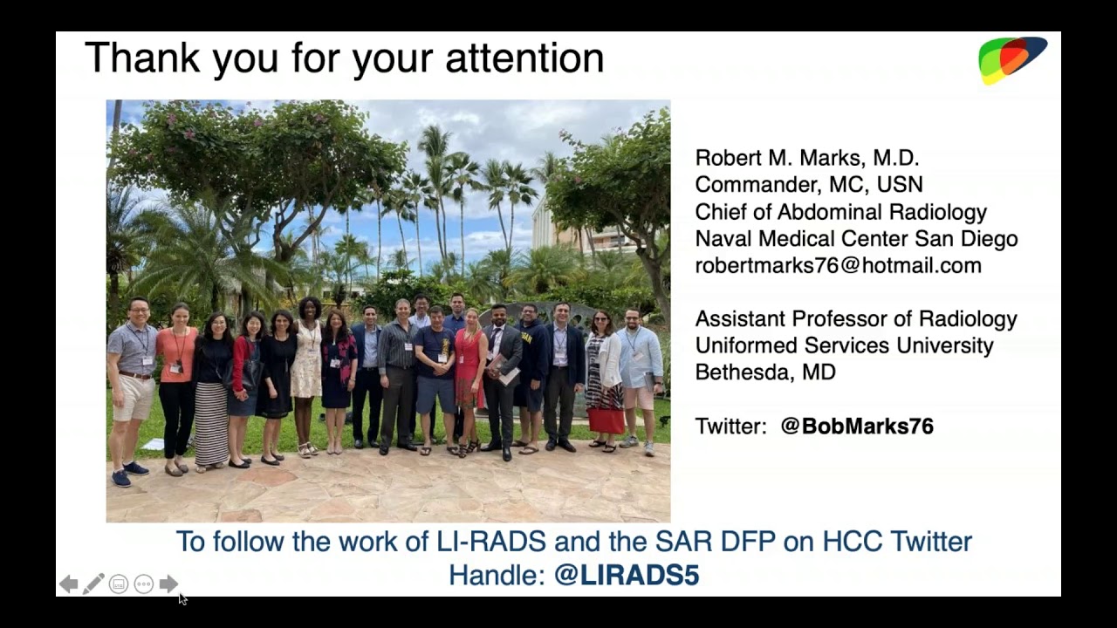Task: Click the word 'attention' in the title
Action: click(524, 58)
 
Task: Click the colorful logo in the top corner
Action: click(1011, 59)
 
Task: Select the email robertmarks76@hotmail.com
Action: click(838, 266)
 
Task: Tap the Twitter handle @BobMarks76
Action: click(856, 427)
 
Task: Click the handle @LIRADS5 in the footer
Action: click(626, 576)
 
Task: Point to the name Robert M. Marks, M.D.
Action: click(806, 158)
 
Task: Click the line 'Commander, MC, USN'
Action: click(808, 185)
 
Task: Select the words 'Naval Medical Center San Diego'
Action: click(855, 239)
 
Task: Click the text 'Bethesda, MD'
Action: click(764, 372)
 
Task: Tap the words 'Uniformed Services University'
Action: click(843, 345)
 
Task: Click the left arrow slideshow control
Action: click(68, 584)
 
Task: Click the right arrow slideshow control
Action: click(168, 584)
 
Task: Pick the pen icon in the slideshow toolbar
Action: click(93, 584)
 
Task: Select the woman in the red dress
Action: click(469, 366)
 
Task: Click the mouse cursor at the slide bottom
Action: click(182, 598)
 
